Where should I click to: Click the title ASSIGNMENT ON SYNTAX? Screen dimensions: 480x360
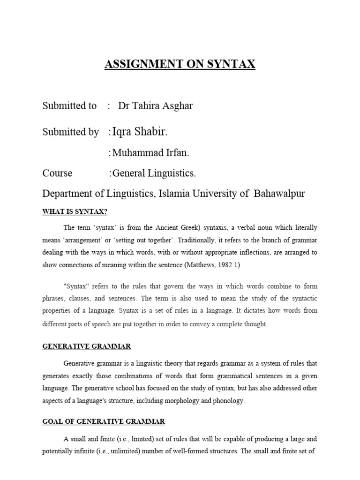tap(180, 64)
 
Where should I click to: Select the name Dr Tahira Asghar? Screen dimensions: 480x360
tap(155, 106)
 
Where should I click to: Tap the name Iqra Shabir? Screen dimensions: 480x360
tap(139, 132)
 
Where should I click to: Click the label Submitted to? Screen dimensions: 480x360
tap(69, 106)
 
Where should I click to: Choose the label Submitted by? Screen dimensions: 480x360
tap(70, 133)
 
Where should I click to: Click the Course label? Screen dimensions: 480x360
tap(57, 173)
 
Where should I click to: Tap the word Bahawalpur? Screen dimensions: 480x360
tap(279, 194)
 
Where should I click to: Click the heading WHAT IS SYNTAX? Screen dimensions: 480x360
tap(75, 211)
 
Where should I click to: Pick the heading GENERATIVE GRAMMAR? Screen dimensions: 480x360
tap(87, 346)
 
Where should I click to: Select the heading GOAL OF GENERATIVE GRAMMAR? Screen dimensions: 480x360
tap(104, 421)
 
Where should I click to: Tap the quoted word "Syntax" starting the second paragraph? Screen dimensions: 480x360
tap(76, 286)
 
